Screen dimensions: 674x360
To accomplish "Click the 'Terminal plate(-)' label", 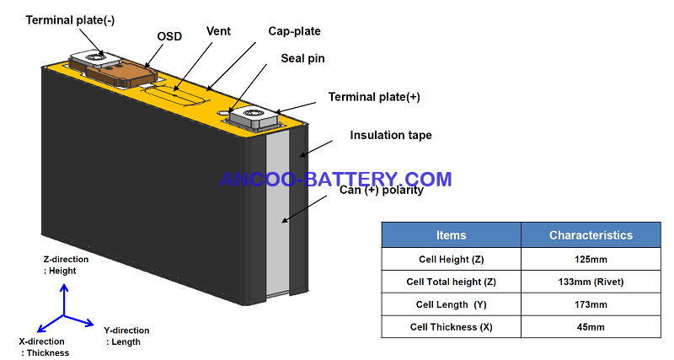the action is click(70, 20).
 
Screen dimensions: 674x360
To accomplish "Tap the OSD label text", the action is click(169, 36).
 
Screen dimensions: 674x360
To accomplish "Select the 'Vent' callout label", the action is click(218, 31).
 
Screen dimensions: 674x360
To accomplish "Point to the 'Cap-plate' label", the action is click(294, 31).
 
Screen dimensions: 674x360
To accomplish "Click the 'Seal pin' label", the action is click(302, 58).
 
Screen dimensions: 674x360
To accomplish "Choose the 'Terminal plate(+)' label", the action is click(374, 97).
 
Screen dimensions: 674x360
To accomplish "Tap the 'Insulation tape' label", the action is click(391, 135).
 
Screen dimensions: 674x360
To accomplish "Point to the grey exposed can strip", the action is click(278, 214).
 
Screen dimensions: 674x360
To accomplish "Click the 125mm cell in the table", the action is click(591, 260).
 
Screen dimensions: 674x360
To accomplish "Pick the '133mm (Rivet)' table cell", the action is click(591, 282).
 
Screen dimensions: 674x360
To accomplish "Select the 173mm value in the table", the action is click(591, 304).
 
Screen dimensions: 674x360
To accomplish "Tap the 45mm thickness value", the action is click(591, 327).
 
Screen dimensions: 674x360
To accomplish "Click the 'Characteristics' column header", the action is click(591, 235).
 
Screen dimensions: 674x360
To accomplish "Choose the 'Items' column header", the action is click(451, 235).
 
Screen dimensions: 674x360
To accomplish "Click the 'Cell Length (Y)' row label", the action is click(451, 304).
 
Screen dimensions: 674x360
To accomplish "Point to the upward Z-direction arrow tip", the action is click(64, 284).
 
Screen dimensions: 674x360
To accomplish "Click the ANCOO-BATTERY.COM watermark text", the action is click(335, 179).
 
